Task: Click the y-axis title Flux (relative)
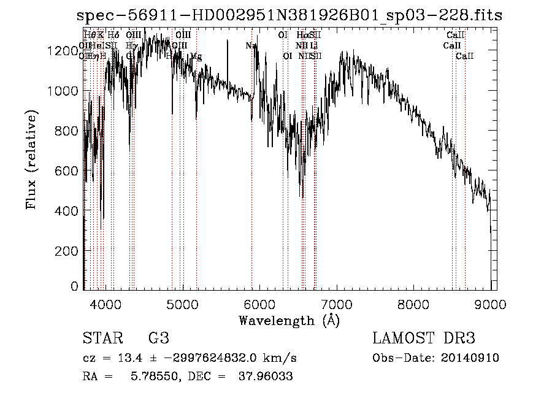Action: tap(31, 159)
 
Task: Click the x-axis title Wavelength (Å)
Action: tap(289, 320)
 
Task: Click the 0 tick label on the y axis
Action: tap(75, 286)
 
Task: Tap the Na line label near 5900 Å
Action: tap(251, 46)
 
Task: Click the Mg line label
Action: tap(196, 56)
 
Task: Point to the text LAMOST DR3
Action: tap(424, 339)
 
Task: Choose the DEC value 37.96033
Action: tap(265, 377)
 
